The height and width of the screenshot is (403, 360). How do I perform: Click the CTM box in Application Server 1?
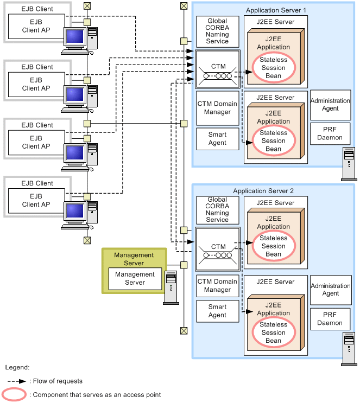(218, 69)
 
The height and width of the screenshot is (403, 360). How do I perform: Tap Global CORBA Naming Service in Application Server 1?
(217, 31)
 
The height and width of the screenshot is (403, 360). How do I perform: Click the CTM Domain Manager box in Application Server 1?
(217, 108)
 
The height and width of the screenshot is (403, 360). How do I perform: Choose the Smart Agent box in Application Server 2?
(217, 311)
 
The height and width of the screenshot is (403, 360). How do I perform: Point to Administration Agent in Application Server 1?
(331, 105)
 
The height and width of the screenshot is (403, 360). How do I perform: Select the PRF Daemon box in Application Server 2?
(331, 319)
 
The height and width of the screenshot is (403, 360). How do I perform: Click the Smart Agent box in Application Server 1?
(217, 139)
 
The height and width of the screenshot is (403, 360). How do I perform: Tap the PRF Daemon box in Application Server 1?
(331, 133)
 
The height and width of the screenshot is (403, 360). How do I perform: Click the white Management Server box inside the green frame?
(135, 278)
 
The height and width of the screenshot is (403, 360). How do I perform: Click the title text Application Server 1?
(276, 10)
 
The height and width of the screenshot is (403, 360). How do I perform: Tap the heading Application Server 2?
(263, 191)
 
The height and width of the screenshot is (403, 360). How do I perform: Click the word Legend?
(17, 367)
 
